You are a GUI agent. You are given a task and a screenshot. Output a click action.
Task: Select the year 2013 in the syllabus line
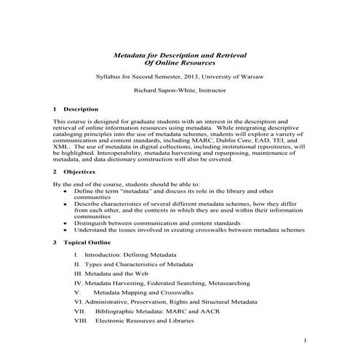(x=201, y=76)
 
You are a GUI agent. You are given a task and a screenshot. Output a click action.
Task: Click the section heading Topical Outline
(x=92, y=240)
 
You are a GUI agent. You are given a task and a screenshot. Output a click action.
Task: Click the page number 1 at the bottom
(x=307, y=340)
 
